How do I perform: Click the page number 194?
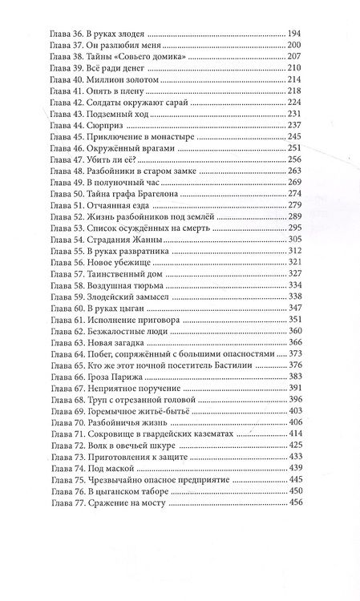pyautogui.click(x=296, y=34)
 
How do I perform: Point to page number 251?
pyautogui.click(x=296, y=148)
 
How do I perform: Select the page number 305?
pyautogui.click(x=296, y=239)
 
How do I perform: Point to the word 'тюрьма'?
pyautogui.click(x=136, y=284)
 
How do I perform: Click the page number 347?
pyautogui.click(x=296, y=307)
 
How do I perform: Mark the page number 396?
pyautogui.click(x=296, y=398)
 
